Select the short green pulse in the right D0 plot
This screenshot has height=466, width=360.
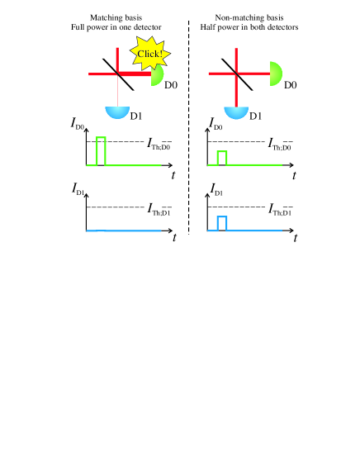221,158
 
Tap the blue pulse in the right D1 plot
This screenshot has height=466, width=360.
221,222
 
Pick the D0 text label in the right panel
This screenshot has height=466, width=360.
291,84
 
